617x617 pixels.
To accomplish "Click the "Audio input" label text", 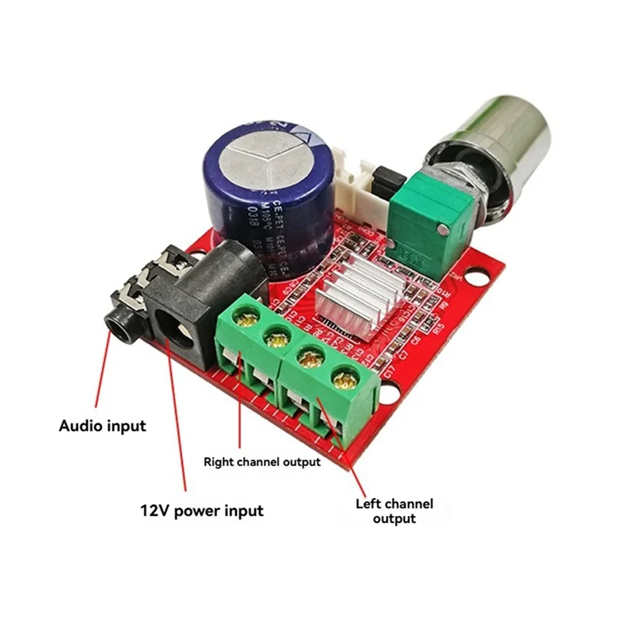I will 103,425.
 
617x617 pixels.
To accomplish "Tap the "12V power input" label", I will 201,511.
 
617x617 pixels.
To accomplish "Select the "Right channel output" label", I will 261,463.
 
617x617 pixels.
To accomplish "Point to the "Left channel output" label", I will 394,511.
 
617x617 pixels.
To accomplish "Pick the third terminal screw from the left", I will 311,358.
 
